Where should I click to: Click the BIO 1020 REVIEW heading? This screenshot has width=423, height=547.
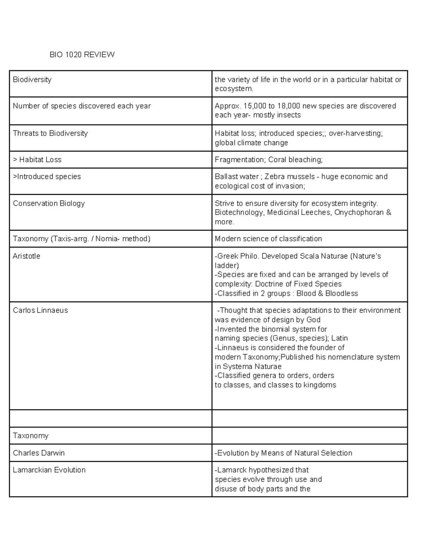point(82,55)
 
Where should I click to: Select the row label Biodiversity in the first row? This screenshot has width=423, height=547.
point(32,80)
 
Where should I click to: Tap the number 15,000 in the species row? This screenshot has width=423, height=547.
point(255,106)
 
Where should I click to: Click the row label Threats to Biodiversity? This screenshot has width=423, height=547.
point(50,133)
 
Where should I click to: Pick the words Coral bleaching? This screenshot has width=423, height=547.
point(295,160)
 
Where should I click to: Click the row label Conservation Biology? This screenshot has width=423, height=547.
point(49,204)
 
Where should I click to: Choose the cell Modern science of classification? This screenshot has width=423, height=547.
point(268,239)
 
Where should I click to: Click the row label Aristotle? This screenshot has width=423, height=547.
point(26,256)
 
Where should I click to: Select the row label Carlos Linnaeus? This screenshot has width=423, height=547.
point(40,310)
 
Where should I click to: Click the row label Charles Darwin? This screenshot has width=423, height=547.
point(39,453)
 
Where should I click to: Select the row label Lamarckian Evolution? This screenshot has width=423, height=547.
point(49,470)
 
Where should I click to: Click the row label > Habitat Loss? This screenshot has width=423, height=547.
point(37,160)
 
